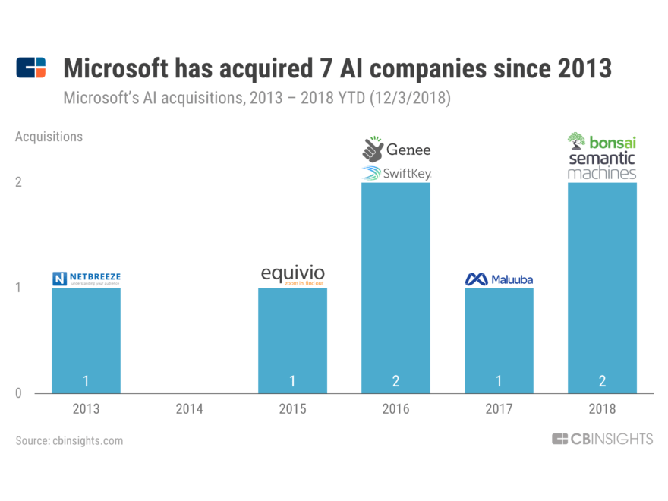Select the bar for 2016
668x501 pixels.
point(395,288)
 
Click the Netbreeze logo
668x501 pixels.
point(86,278)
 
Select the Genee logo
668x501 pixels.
point(395,149)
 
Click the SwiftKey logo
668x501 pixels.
point(395,174)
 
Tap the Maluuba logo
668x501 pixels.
point(499,279)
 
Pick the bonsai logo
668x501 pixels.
point(602,142)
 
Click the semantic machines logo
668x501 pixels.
point(602,165)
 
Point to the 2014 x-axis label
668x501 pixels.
point(189,409)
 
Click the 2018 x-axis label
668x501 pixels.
point(602,409)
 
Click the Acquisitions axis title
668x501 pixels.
point(49,137)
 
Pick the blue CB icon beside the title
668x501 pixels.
point(30,68)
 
